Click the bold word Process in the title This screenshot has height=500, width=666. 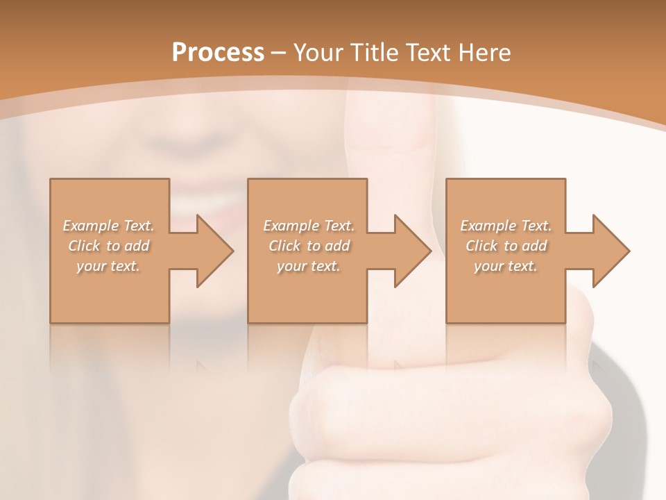[218, 53]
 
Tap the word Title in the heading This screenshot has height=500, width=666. [376, 53]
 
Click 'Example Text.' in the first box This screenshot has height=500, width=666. [108, 226]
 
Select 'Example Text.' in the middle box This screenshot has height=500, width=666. [308, 226]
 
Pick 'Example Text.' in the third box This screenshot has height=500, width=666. [506, 226]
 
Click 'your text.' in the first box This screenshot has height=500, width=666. [108, 266]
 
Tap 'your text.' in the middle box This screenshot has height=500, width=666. [308, 266]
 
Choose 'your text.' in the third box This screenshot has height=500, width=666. [506, 266]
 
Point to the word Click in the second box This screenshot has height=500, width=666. [284, 246]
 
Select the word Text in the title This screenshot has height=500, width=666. [429, 53]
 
